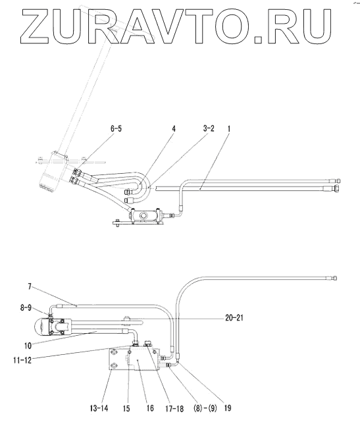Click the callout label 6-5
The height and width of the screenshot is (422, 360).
116,128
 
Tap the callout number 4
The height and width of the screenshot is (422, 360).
174,128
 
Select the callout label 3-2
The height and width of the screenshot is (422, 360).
209,128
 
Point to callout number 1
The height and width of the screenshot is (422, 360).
229,128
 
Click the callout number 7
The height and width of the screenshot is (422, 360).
30,286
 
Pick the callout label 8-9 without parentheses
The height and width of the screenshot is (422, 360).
26,307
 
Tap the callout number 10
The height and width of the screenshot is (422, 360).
28,345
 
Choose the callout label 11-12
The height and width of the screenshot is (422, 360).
22,360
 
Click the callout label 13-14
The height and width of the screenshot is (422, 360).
99,408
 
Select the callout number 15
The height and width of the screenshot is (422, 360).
126,408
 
